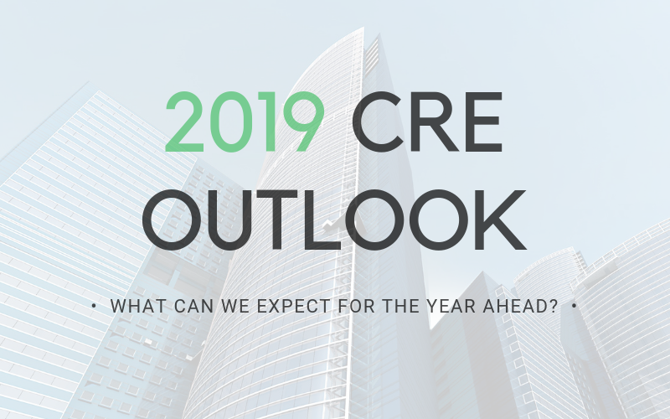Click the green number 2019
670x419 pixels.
coord(245,122)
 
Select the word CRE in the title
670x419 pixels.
coord(427,122)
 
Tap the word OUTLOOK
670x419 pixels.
coord(334,220)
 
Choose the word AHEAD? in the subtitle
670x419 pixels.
coord(520,306)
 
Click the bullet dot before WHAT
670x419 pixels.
coord(94,306)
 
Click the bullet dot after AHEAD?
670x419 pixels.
coord(574,306)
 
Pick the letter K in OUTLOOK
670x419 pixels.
coord(501,220)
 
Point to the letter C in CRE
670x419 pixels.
coord(379,122)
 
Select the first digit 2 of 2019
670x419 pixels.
coord(184,122)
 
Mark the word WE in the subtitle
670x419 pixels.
coord(235,306)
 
